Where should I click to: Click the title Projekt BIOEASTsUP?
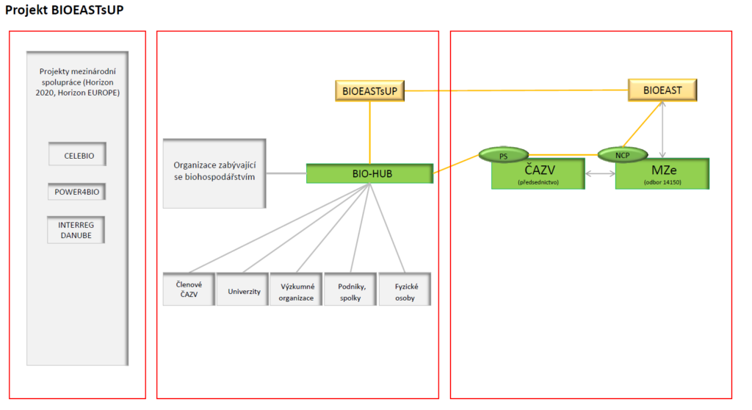coord(65,10)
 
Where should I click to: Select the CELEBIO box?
coord(77,154)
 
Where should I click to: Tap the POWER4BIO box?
coord(76,192)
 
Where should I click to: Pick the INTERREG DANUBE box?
coord(76,230)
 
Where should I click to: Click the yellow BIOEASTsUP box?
coord(370,90)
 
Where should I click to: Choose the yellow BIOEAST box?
coord(662,90)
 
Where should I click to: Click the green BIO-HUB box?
coord(370,173)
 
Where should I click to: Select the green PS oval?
coord(504,155)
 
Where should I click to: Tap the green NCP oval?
coord(623,154)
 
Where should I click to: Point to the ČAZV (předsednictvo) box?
coord(538,174)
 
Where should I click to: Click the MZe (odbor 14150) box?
coord(662,174)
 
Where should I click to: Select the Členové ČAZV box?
coord(189,289)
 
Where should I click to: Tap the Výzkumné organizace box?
coord(297,289)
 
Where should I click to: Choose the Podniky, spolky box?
coord(350,289)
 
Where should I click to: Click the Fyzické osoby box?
coord(405,289)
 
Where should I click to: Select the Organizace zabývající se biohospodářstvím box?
coord(214,173)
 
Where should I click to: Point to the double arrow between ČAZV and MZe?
coord(600,174)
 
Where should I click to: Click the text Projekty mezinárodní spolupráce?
coord(78,76)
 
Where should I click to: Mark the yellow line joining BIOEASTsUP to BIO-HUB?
coord(370,132)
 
